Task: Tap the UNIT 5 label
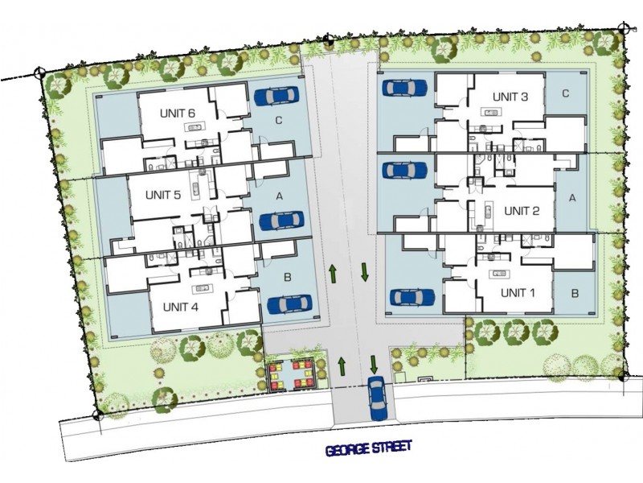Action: point(163,195)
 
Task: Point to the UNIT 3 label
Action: point(510,97)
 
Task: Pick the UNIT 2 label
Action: point(522,211)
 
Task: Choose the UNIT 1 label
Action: point(518,292)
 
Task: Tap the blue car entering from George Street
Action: point(377,398)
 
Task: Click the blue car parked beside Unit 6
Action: point(276,97)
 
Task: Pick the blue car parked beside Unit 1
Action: point(412,297)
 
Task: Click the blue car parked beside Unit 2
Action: point(403,170)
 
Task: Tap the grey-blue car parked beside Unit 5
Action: point(281,221)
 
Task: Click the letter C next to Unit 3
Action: point(566,93)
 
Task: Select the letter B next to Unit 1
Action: point(575,293)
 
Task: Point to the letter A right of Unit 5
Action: point(280,196)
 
